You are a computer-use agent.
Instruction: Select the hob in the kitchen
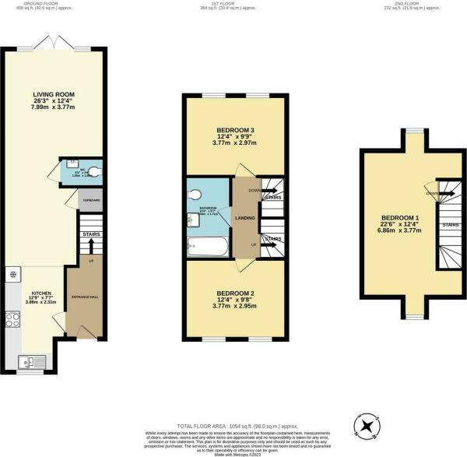(13, 319)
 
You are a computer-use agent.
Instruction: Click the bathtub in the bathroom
(208, 248)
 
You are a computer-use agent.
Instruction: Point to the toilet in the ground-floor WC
(93, 173)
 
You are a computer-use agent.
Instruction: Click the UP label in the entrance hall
(91, 261)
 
